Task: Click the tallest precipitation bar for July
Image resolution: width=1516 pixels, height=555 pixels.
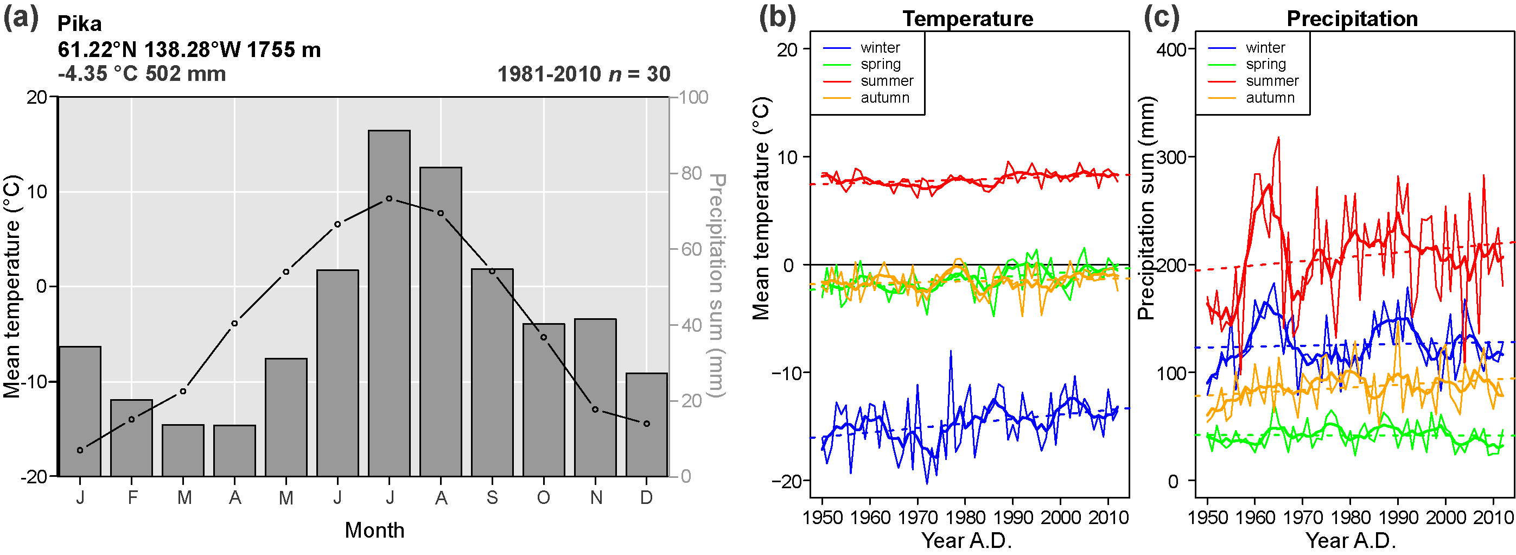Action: tap(389, 303)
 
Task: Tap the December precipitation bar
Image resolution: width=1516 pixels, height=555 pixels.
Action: tap(646, 424)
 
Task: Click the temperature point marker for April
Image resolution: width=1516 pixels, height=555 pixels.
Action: tap(234, 324)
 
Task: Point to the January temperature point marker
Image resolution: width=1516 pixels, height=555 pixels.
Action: tap(80, 450)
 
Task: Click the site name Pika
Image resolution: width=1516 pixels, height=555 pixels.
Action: tap(79, 24)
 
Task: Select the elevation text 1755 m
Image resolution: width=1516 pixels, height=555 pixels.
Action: tap(284, 49)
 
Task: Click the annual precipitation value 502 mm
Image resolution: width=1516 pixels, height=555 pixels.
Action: tap(186, 74)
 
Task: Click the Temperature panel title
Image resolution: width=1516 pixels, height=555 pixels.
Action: tap(968, 19)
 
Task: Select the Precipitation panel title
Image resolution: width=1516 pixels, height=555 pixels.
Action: tap(1352, 19)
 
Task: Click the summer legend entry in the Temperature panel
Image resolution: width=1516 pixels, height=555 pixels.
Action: tap(886, 81)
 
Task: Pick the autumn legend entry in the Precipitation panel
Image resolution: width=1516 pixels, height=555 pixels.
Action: tap(1270, 98)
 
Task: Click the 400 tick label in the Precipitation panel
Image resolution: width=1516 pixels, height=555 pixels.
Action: tap(1171, 49)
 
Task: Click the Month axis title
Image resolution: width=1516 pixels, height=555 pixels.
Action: tap(374, 530)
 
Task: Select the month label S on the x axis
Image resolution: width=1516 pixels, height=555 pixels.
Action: tap(492, 498)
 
